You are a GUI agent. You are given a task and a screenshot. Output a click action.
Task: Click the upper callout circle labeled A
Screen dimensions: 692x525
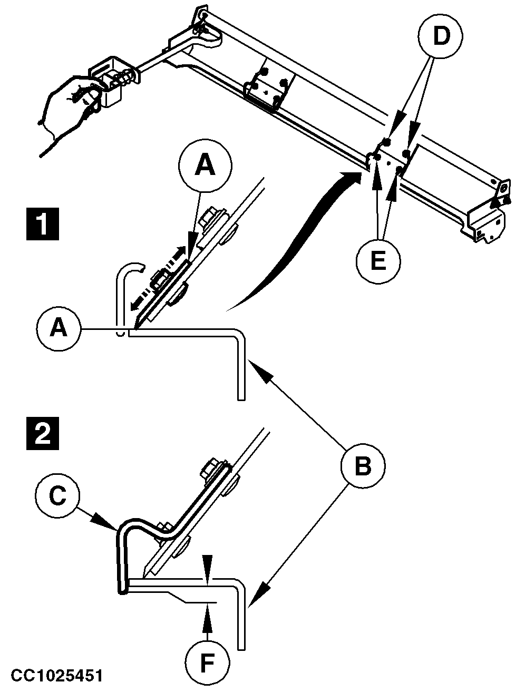(x=205, y=166)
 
